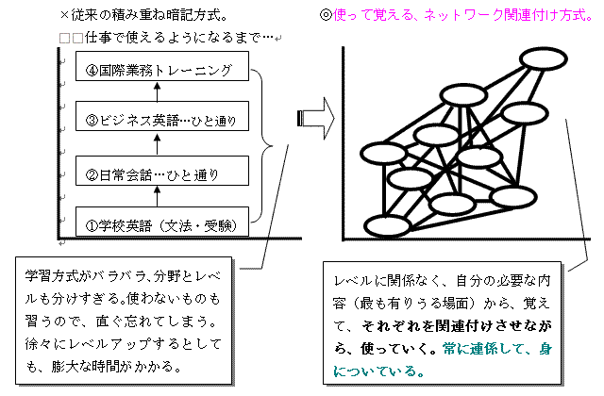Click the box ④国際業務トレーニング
pos(162,66)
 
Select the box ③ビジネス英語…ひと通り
pos(162,116)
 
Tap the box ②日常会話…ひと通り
pos(162,171)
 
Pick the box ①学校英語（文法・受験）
pos(162,222)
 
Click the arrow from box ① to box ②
pos(157,196)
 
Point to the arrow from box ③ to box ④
pos(157,91)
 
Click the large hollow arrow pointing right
pos(316,118)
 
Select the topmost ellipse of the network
pos(544,58)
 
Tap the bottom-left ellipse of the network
pos(388,226)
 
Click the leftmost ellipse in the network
pos(383,153)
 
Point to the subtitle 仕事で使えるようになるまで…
pos(179,38)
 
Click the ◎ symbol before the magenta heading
pos(326,15)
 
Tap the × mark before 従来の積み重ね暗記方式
pos(65,15)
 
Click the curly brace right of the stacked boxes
pos(267,146)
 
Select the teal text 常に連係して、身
pos(497,349)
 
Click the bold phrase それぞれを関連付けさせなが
pos(457,326)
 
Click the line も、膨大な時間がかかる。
pos(104,367)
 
